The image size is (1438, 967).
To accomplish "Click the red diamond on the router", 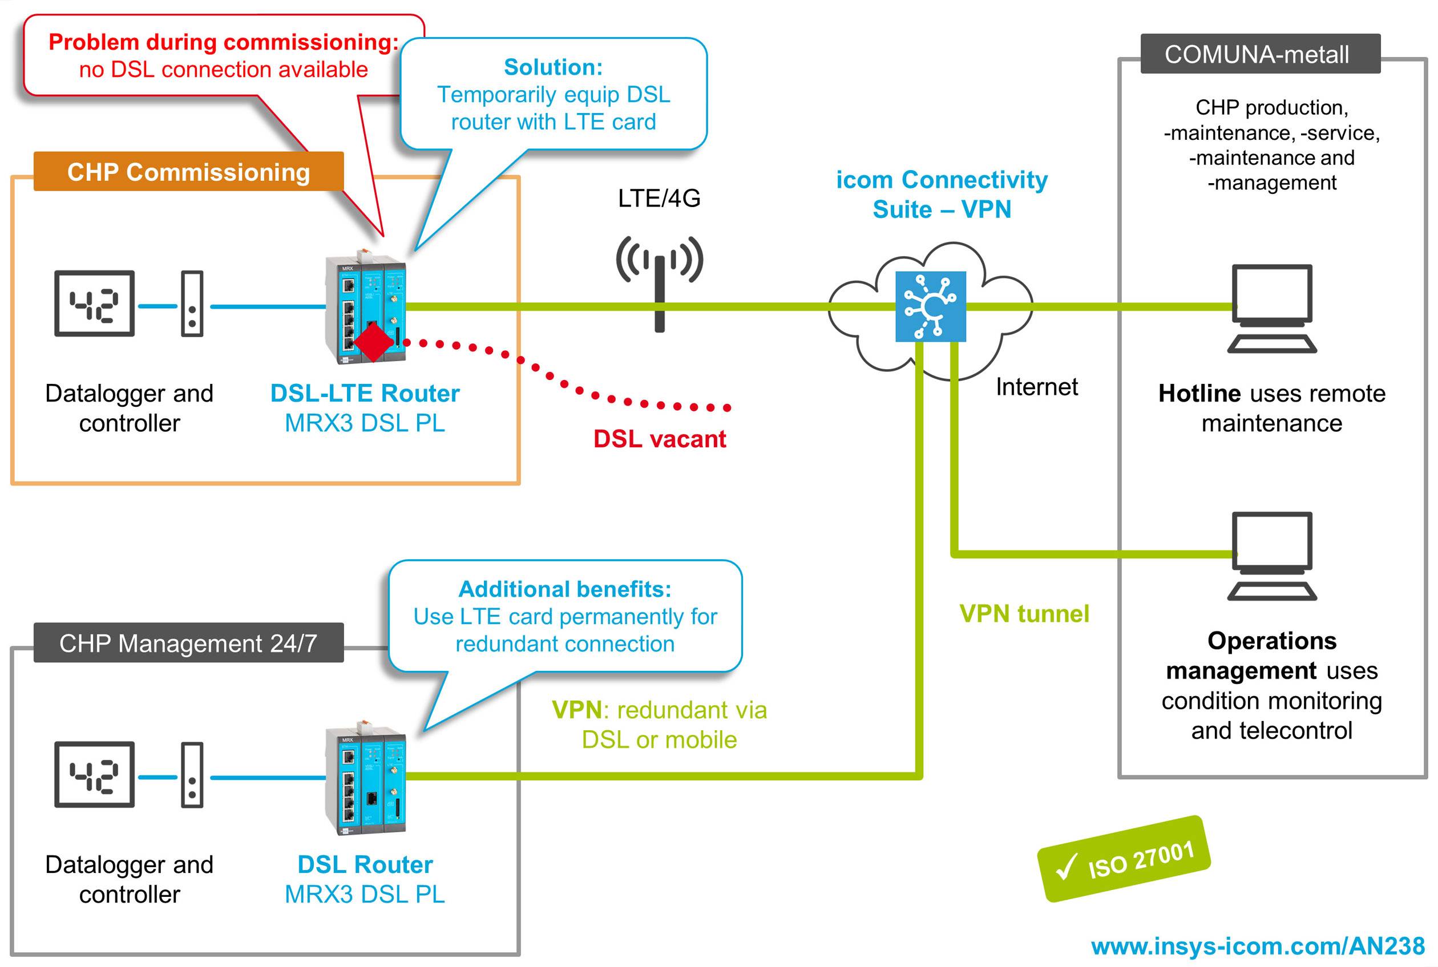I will click(x=373, y=343).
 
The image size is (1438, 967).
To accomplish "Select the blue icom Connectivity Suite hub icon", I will click(x=930, y=306).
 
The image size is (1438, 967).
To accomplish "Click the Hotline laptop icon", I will click(x=1271, y=308).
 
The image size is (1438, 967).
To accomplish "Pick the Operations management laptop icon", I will click(x=1271, y=555).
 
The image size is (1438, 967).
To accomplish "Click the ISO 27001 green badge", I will click(x=1124, y=859).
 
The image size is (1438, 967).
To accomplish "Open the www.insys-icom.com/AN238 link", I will click(x=1258, y=946).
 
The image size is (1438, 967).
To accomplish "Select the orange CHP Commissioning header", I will click(x=188, y=172).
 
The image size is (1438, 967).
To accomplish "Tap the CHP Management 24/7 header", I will click(x=188, y=643).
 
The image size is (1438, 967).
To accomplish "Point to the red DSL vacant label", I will click(x=660, y=439).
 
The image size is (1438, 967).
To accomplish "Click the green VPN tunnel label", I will click(x=1024, y=614).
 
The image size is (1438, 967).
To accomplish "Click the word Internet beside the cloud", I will click(x=1036, y=387).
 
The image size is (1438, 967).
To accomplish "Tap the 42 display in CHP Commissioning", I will click(x=94, y=304).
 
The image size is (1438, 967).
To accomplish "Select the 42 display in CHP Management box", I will click(x=94, y=775).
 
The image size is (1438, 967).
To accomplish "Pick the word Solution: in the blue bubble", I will click(x=553, y=67).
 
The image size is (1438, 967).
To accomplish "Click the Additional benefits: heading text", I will click(x=564, y=589).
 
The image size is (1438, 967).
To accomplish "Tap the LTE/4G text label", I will click(x=659, y=199).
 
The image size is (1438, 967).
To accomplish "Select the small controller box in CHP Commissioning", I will click(x=192, y=304).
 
